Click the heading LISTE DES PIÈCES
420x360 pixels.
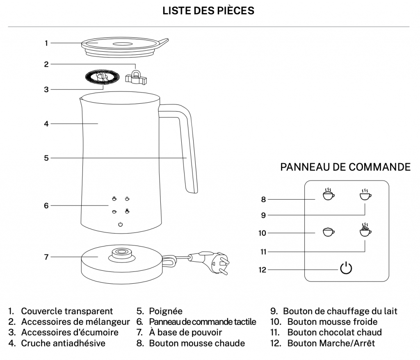coord(208,11)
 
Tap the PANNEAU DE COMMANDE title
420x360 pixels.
coord(345,167)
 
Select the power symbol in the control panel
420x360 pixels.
coord(346,268)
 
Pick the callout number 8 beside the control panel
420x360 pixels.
coord(263,200)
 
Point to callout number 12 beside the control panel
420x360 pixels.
coord(262,270)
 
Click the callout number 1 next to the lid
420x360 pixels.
coord(46,43)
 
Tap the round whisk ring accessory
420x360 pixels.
coord(102,78)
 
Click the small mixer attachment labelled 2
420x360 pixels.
coord(135,76)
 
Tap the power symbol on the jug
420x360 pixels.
coord(120,224)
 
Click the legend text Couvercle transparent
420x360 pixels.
coord(67,312)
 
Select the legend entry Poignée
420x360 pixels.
coord(166,312)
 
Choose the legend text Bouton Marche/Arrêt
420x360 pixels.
coord(331,343)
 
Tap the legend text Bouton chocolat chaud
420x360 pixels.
coord(334,333)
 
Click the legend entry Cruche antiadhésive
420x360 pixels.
coord(63,343)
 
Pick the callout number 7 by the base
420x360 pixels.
coord(46,257)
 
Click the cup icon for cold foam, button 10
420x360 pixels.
coord(328,232)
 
